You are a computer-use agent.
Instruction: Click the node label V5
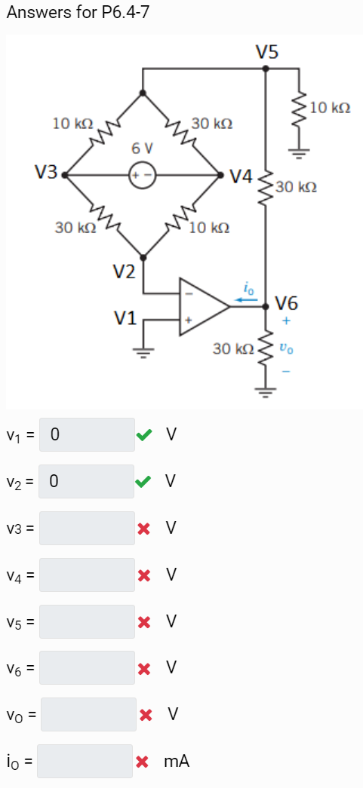tap(266, 52)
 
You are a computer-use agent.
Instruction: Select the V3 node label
tap(47, 173)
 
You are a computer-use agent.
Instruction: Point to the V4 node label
tap(241, 177)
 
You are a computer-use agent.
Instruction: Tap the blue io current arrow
tap(246, 299)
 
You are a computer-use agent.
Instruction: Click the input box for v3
tap(87, 528)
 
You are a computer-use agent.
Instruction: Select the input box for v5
tap(87, 621)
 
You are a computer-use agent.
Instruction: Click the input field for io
tap(85, 761)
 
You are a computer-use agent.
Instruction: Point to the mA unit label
tap(177, 762)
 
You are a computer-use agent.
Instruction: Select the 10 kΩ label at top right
tap(330, 108)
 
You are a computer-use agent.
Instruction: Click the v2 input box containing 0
tap(87, 481)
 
